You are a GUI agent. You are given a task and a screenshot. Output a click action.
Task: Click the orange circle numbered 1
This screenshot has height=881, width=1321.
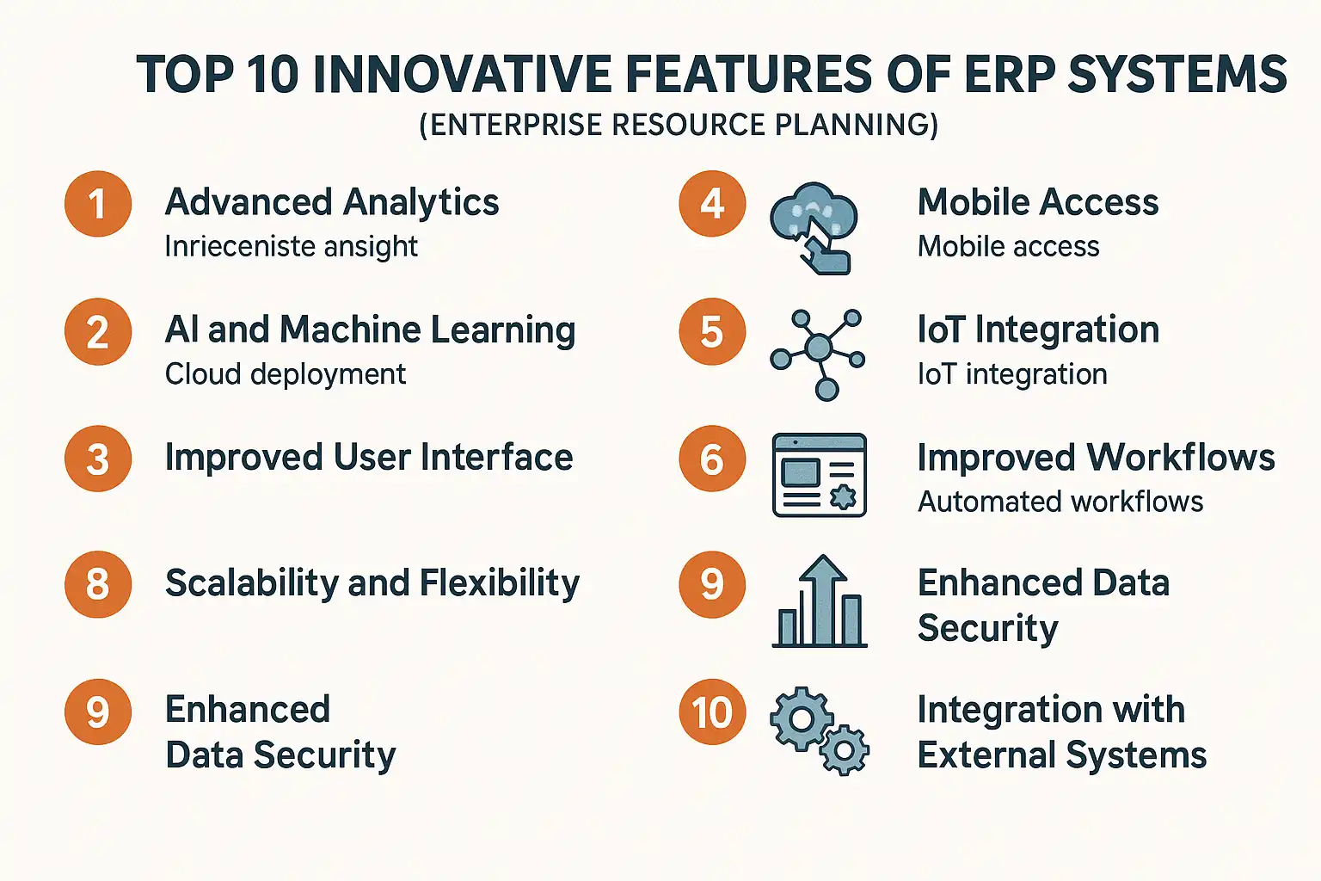(98, 204)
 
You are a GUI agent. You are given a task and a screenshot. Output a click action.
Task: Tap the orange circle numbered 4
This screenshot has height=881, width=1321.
(712, 204)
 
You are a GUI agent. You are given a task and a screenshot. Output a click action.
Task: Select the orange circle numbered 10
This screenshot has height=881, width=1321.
(712, 712)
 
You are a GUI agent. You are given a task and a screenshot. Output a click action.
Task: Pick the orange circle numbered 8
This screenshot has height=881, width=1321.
(98, 584)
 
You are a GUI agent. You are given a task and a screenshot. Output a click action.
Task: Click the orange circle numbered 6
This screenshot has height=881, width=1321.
(712, 459)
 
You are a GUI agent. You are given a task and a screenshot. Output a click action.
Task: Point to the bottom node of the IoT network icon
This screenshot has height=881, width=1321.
(826, 390)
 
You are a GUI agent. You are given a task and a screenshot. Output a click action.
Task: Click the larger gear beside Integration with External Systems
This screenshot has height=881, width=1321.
(801, 718)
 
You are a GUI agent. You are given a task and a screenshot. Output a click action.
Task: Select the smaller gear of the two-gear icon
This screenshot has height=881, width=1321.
(845, 750)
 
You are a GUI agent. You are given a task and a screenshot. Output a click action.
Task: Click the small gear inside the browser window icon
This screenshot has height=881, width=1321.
(843, 496)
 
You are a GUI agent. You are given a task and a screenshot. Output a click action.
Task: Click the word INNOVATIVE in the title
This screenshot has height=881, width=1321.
(462, 75)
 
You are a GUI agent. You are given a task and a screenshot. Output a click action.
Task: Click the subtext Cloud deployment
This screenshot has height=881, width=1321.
(286, 374)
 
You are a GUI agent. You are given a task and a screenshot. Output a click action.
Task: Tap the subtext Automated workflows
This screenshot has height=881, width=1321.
(1060, 502)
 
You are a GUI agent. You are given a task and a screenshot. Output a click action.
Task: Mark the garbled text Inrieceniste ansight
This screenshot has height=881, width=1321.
(292, 247)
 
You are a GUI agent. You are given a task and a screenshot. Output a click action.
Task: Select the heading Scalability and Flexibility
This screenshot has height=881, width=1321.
(372, 583)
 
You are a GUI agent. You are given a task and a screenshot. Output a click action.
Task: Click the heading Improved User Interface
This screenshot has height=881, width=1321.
(369, 458)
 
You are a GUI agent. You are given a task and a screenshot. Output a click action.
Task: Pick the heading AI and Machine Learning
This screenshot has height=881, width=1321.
(371, 330)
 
